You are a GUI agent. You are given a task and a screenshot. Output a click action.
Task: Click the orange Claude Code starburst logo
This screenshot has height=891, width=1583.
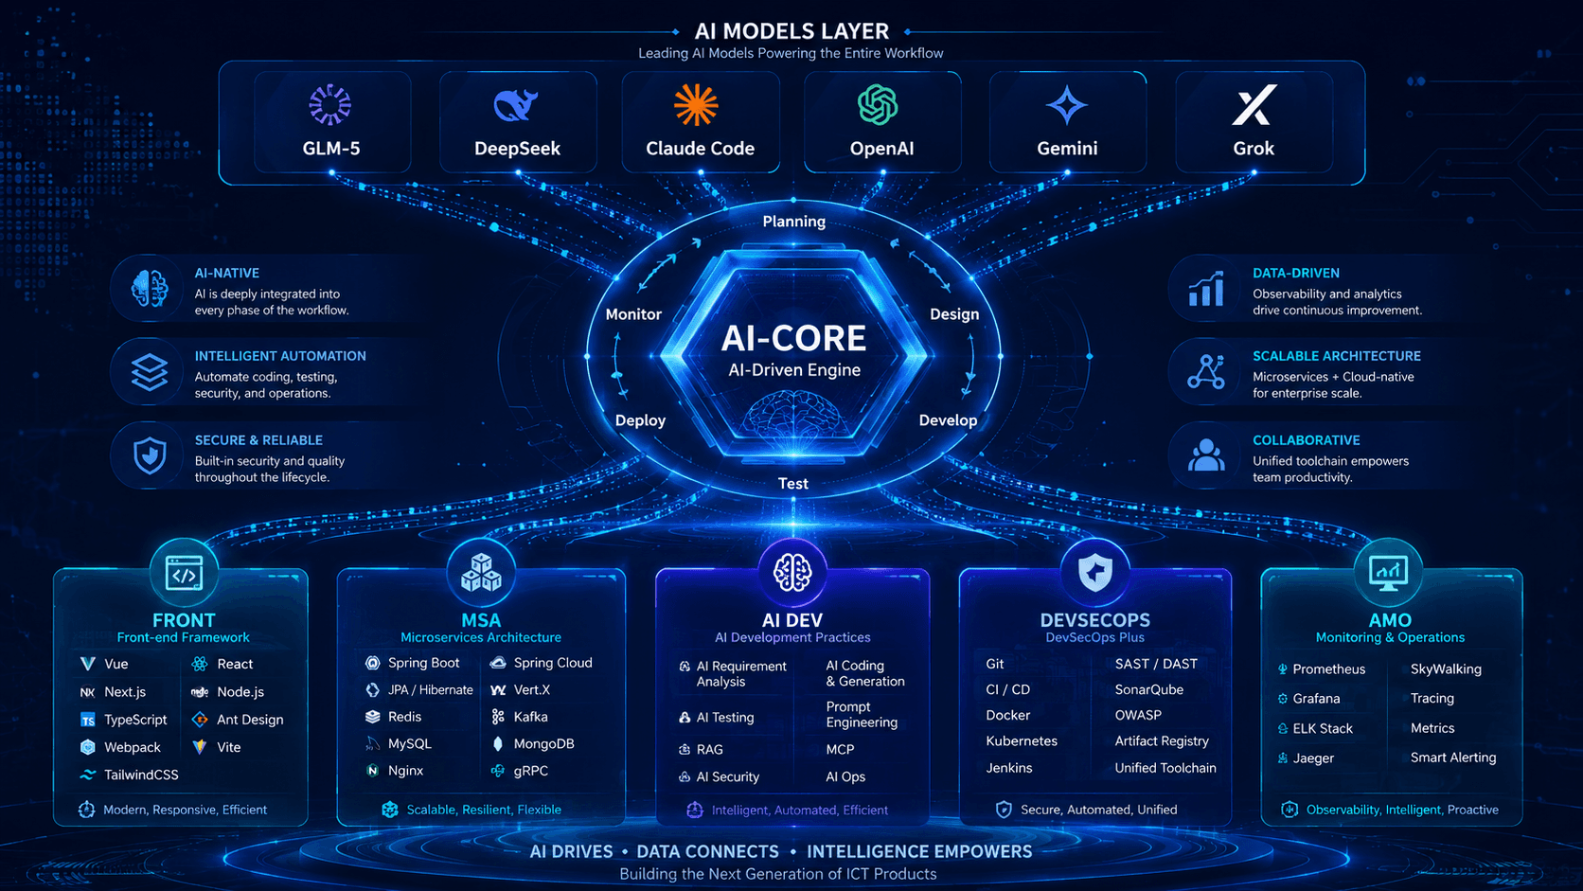point(696,105)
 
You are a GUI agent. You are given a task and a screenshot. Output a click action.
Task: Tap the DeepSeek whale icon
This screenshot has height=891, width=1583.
point(516,105)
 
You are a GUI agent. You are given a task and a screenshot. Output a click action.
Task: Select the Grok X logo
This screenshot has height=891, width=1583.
point(1254,104)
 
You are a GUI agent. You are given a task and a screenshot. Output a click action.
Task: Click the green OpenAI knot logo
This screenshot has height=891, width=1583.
point(878,104)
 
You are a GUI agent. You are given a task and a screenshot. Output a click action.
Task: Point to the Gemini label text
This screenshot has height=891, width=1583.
point(1067,149)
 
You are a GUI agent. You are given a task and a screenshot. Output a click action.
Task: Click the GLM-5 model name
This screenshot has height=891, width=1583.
point(330,149)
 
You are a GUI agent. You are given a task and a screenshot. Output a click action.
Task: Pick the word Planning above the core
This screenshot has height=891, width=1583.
point(793,222)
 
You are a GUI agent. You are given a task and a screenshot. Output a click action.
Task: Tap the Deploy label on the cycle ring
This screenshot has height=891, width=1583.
point(640,420)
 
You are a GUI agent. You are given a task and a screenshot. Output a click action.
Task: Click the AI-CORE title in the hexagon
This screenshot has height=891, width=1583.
point(793,338)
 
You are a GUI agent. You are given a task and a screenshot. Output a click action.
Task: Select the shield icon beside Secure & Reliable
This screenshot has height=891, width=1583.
point(150,455)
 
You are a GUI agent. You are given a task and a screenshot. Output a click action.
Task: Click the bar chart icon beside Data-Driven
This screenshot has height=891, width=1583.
point(1206,289)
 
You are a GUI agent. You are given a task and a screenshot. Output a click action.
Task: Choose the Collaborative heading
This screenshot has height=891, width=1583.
point(1306,440)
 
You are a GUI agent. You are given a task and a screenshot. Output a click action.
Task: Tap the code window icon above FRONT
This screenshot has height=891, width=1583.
point(184,573)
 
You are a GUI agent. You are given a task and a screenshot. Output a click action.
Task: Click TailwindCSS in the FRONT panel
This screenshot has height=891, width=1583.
point(141,775)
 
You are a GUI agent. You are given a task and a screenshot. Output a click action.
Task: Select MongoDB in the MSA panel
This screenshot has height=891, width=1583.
point(543,744)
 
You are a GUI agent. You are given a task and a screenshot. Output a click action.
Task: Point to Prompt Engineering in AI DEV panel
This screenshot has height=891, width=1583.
point(862,714)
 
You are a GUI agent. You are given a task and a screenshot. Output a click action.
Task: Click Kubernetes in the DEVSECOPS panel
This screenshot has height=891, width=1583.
point(1022,741)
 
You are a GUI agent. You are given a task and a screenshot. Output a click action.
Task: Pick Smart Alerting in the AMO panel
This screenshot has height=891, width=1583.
point(1453,757)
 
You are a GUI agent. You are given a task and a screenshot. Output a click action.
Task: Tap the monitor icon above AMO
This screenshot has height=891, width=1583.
point(1388,573)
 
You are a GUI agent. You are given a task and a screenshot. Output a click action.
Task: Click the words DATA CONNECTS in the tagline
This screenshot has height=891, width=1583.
point(707,852)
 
